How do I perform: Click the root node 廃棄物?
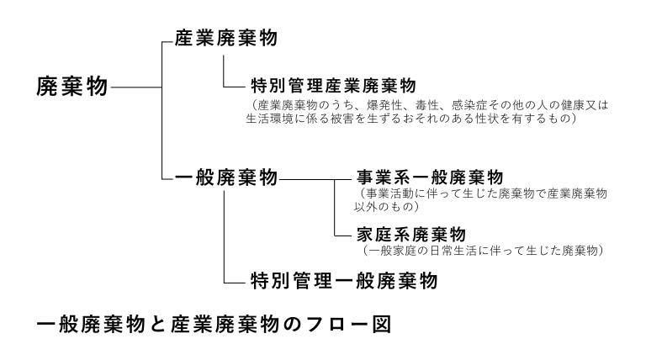pyautogui.click(x=72, y=87)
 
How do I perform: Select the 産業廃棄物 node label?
pyautogui.click(x=226, y=39)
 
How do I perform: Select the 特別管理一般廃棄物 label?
pyautogui.click(x=344, y=281)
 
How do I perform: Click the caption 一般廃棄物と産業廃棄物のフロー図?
pyautogui.click(x=214, y=323)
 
